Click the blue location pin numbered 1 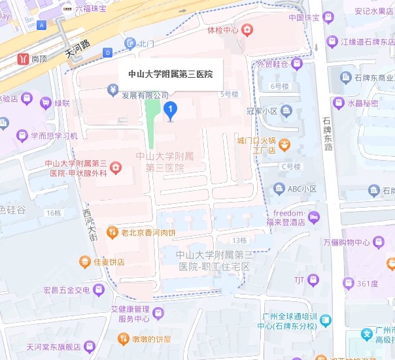(x=170, y=110)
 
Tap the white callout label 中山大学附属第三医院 (x=170, y=74)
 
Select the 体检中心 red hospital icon (x=247, y=30)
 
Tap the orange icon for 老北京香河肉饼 (x=114, y=232)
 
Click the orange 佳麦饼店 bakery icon (x=84, y=263)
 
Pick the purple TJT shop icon (x=314, y=280)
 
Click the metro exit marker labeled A (x=43, y=25)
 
